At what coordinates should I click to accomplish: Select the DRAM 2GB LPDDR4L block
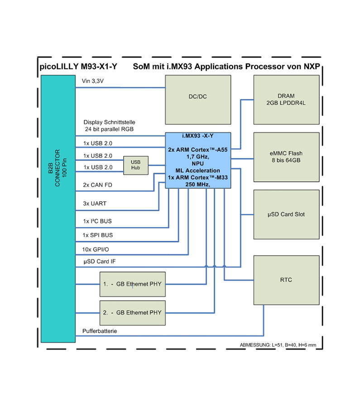coord(286,99)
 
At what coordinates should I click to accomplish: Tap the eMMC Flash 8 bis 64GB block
coord(286,157)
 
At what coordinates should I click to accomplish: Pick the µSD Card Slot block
coord(286,214)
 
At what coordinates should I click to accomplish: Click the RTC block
coord(286,280)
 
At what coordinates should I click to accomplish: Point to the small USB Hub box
coord(136,165)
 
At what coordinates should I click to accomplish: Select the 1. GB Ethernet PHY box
coord(132,284)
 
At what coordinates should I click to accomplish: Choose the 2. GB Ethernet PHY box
coord(132,312)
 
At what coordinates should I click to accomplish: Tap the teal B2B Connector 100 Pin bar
coord(58,209)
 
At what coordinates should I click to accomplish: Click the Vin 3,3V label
coord(93,81)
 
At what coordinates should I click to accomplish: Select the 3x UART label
coord(95,204)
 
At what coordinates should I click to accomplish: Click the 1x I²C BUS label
coord(97,221)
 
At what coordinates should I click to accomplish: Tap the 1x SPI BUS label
coord(98,235)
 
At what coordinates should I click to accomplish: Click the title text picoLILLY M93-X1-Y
coord(79,67)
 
